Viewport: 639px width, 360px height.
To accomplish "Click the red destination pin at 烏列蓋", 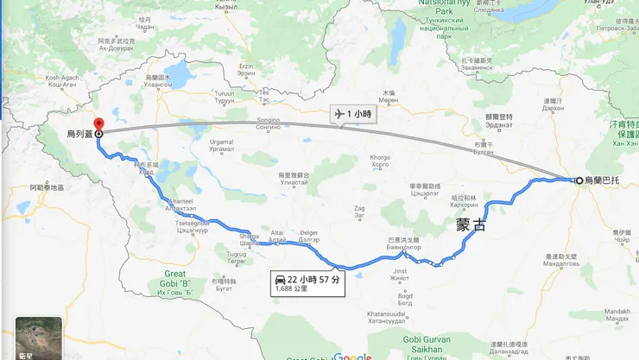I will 98,125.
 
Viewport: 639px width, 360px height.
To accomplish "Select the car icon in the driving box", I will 280,280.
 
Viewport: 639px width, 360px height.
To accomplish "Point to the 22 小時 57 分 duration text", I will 315,279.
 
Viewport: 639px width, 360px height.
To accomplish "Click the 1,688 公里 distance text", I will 291,289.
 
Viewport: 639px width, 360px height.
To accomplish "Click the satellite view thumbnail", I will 39,338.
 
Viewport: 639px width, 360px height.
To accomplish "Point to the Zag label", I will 359,208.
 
